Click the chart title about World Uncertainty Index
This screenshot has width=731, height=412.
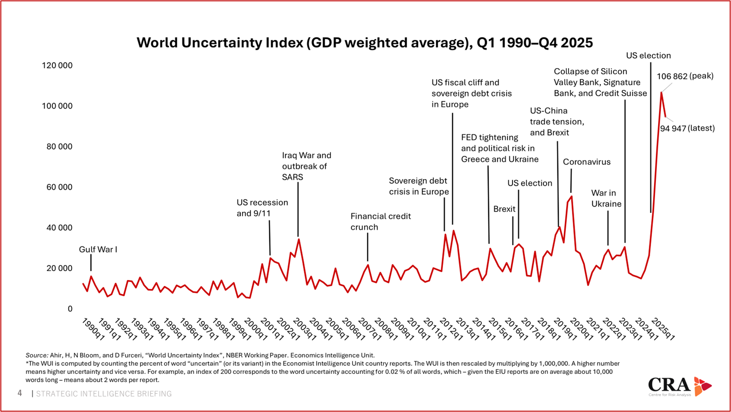365,43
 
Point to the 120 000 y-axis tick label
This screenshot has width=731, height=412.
57,65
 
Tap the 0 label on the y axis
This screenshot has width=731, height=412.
70,309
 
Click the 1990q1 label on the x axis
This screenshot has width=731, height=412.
93,329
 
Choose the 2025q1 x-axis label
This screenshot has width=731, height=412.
663,329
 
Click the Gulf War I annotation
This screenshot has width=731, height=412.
98,250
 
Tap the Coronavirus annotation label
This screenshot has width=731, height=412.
586,162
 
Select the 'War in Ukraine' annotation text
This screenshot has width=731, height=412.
606,198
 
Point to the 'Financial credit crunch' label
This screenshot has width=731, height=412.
380,222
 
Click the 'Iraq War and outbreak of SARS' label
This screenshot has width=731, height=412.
306,166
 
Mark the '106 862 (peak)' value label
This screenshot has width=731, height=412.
685,76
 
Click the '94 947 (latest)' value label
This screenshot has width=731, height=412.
687,128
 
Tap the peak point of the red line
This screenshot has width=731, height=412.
661,92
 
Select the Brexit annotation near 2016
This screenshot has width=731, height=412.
504,209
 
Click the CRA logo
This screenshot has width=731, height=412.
679,386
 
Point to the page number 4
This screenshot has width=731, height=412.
20,393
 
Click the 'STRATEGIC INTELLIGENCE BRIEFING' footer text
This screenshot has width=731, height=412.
104,394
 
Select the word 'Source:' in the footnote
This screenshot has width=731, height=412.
37,356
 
